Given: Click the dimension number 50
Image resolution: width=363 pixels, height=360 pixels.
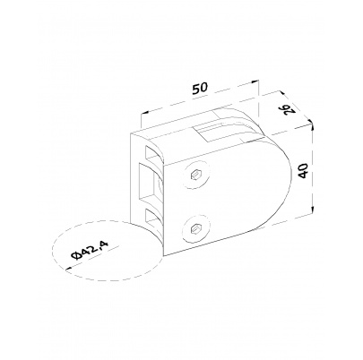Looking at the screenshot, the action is (200, 89).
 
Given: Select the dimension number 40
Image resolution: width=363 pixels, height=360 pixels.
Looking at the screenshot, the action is (303, 170).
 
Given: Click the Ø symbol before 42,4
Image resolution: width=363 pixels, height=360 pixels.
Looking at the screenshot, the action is (75, 256).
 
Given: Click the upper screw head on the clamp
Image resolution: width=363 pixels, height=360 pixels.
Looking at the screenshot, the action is (196, 174).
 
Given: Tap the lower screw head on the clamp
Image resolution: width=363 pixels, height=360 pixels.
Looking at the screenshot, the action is (196, 228).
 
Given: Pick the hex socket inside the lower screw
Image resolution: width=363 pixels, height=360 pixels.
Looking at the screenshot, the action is (195, 228).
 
